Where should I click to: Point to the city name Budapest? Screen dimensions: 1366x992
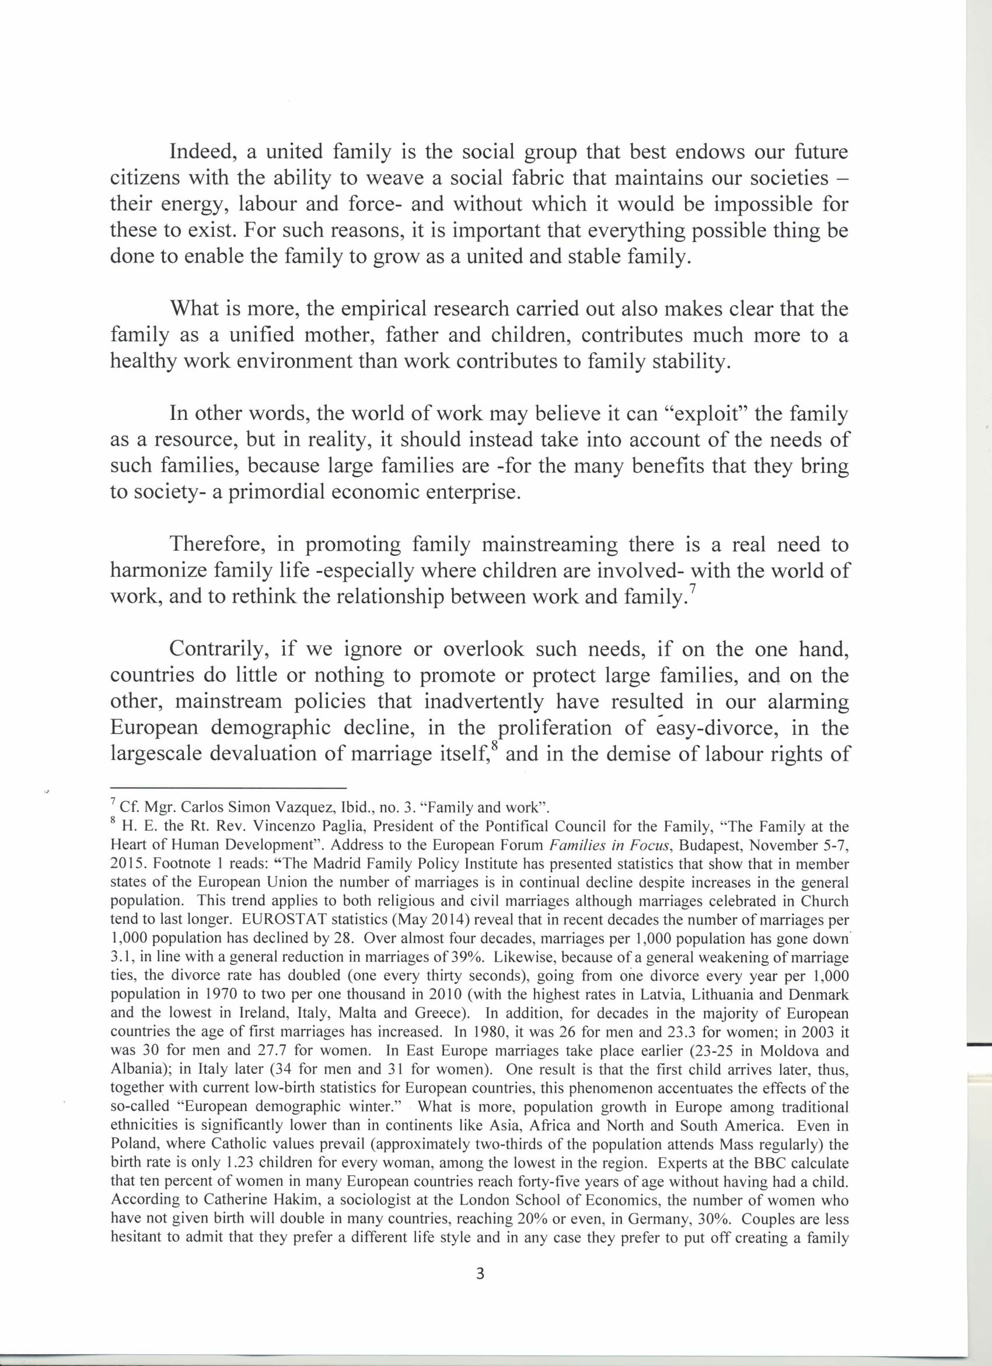(705, 845)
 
